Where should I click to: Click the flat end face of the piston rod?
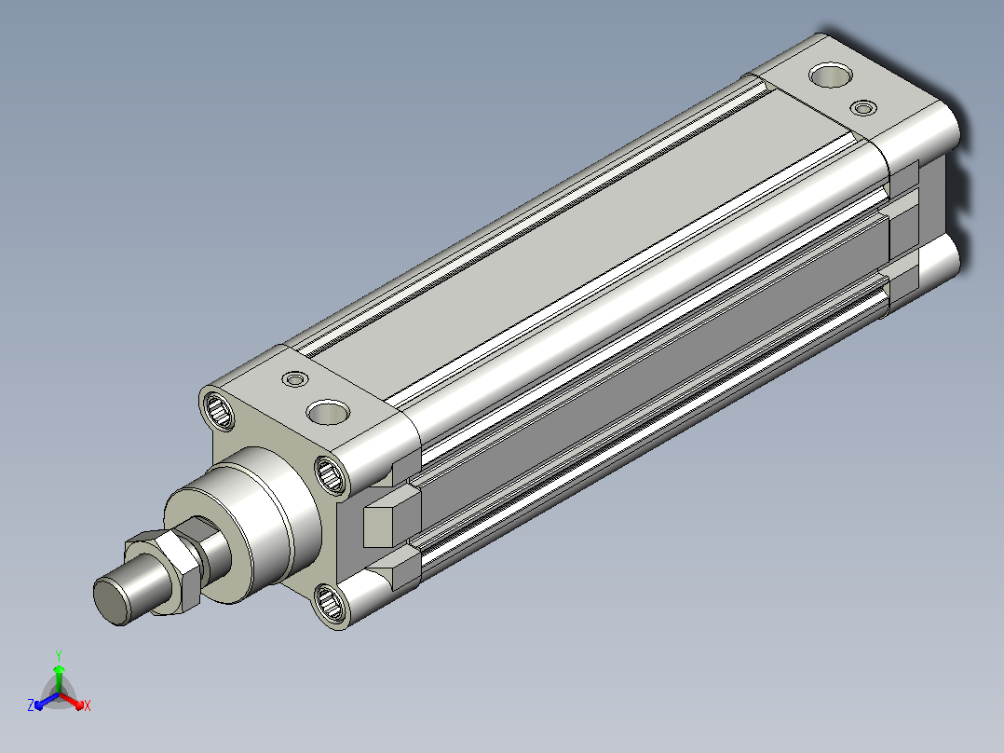112,600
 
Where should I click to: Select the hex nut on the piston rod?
163,571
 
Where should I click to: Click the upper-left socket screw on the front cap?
218,409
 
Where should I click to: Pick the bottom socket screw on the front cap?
331,603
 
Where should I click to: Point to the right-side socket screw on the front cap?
331,475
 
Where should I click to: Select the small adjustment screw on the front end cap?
295,379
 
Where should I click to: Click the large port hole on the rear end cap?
831,75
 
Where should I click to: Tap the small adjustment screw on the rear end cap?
863,107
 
